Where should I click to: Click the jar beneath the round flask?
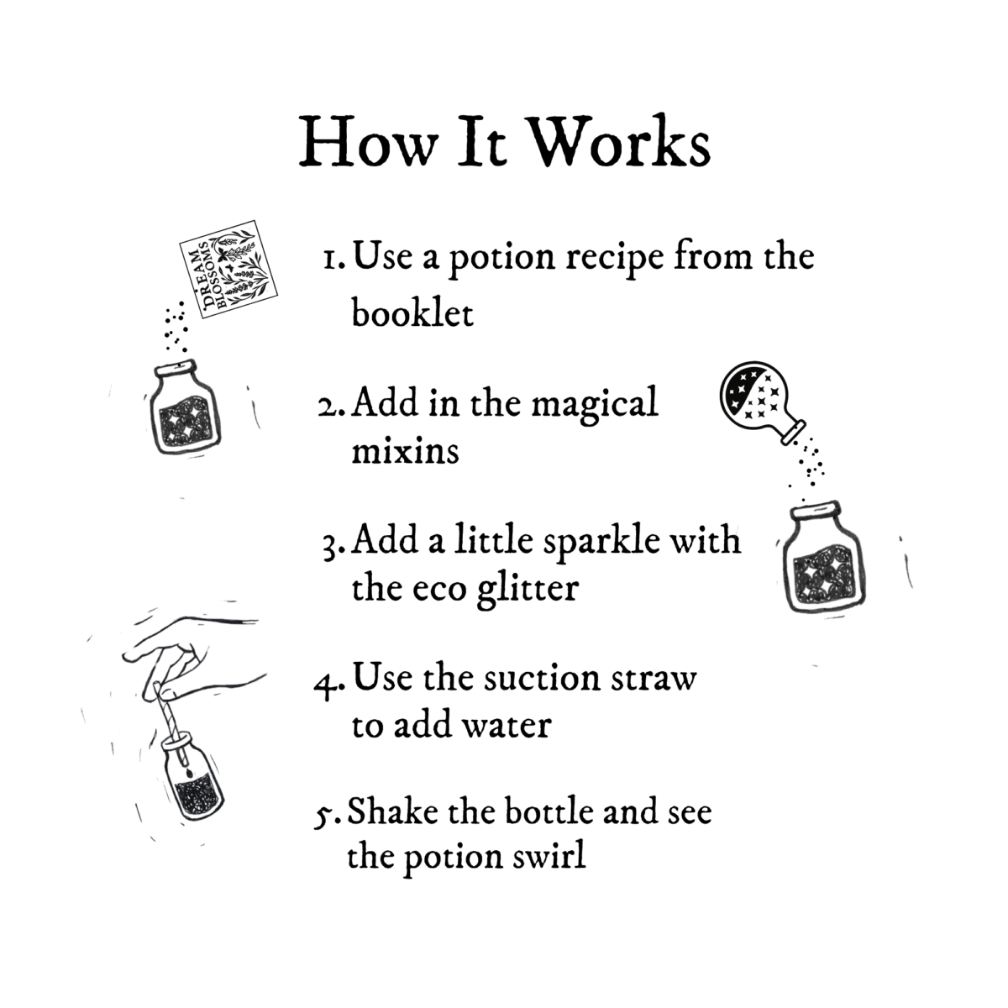pos(819,559)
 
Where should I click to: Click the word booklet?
pos(412,312)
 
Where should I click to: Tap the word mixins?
pos(405,452)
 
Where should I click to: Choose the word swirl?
pos(548,858)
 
